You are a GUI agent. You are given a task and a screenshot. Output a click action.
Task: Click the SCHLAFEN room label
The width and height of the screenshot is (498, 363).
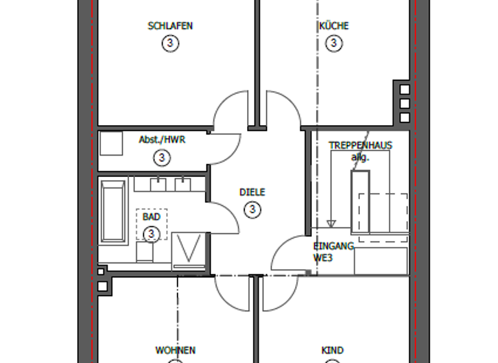[x=170, y=27]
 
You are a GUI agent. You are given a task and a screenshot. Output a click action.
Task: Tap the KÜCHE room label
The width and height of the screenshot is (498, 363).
[x=333, y=27]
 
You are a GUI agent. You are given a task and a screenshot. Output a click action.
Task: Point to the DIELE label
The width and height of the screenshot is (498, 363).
[x=252, y=193]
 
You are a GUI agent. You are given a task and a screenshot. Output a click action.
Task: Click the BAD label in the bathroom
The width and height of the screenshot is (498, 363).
[x=150, y=217]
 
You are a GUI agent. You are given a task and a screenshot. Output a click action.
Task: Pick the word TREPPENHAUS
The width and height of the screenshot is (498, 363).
[x=360, y=146]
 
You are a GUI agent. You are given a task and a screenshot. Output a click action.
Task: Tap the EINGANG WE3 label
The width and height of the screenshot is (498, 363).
[x=333, y=252]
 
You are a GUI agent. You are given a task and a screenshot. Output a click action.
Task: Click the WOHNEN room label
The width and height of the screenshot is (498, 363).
[x=175, y=351]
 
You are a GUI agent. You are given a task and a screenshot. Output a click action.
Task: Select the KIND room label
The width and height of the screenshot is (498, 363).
[x=333, y=351]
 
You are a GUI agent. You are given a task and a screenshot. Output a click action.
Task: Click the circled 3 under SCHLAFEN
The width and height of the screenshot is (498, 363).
[x=170, y=43]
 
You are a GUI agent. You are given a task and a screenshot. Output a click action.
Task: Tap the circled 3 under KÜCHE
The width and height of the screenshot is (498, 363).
[x=333, y=43]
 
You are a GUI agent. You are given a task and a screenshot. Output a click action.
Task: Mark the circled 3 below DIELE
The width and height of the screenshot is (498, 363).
[x=252, y=209]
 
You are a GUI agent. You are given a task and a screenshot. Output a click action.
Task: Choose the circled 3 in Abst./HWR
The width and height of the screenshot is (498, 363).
[x=162, y=157]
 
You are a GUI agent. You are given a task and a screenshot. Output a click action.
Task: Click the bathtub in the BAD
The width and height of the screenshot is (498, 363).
[x=113, y=211]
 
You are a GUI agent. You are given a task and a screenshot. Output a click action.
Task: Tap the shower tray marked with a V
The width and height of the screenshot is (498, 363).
[x=189, y=249]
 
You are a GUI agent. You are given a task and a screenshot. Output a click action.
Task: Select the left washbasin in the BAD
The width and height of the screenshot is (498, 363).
[x=158, y=184]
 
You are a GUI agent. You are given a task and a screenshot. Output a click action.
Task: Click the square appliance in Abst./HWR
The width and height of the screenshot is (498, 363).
[x=111, y=143]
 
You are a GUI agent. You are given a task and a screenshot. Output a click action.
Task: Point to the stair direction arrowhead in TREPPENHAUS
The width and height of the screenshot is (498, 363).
[x=331, y=224]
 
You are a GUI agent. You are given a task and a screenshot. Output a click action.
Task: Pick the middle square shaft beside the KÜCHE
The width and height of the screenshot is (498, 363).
[x=405, y=104]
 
